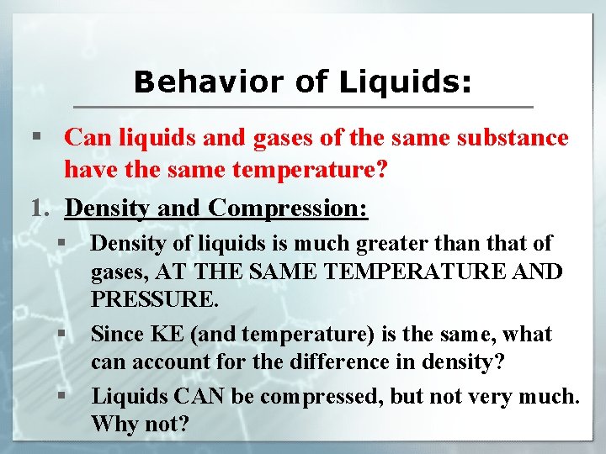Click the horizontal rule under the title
click(303, 107)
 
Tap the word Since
click(117, 334)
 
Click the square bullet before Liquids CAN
click(62, 393)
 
